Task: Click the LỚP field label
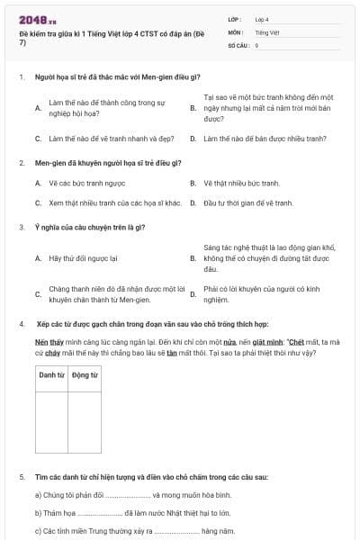click(234, 19)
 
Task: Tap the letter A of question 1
click(38, 108)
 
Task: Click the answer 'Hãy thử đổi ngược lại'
click(84, 257)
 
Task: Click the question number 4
click(21, 324)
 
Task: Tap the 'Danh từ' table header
click(51, 374)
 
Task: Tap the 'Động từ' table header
click(85, 374)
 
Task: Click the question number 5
click(21, 476)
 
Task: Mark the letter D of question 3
click(193, 294)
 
